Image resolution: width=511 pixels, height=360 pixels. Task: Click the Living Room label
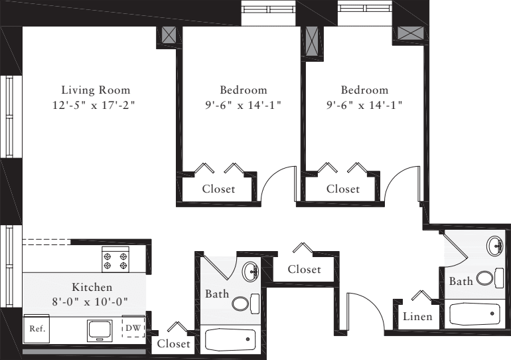[96, 90]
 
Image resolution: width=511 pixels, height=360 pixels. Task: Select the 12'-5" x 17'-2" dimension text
[96, 105]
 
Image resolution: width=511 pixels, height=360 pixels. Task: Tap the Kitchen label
[92, 288]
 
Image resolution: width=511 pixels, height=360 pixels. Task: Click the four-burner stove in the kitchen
[115, 258]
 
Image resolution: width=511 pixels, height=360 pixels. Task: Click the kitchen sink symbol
[100, 328]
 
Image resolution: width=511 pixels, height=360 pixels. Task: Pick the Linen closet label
[417, 317]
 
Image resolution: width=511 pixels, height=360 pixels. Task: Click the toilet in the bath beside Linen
[485, 278]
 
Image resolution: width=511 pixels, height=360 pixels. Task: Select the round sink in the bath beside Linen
[495, 247]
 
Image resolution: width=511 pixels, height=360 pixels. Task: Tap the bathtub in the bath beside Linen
[475, 313]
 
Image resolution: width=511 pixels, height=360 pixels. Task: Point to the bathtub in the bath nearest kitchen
[230, 339]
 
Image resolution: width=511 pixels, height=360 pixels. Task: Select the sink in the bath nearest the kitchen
[250, 271]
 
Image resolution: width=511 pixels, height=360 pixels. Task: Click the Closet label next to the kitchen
[174, 343]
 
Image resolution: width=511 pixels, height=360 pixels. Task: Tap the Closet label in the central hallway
[304, 269]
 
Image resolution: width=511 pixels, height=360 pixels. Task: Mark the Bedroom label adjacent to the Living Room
[244, 90]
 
